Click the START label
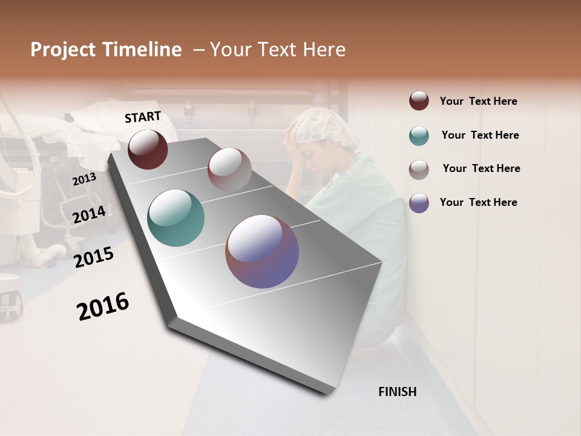pos(143,117)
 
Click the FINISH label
pos(397,392)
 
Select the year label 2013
pos(84,179)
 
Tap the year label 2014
pos(89,214)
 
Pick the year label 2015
pos(94,257)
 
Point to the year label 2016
pos(103,306)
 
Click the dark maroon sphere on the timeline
pos(148,150)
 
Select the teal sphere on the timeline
pos(176,218)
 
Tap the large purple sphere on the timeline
pos(262,251)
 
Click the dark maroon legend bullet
pos(419,101)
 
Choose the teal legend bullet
pos(419,136)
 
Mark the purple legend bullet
pos(419,203)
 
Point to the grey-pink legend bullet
pos(419,169)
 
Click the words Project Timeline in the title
pos(106,50)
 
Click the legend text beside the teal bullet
pos(480,135)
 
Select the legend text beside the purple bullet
pos(478,202)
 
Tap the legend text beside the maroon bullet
pos(478,101)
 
